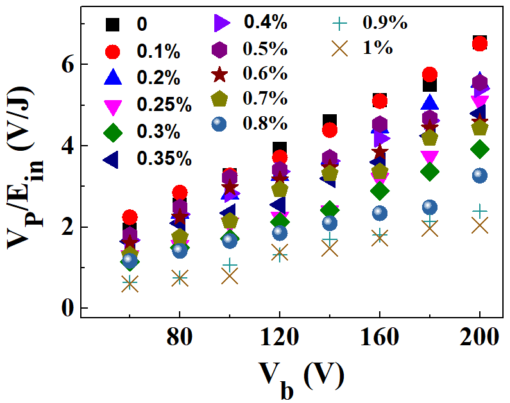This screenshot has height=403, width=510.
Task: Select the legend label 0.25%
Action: click(162, 106)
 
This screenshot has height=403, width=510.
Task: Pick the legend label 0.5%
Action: click(265, 48)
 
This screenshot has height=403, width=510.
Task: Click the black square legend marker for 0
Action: click(113, 25)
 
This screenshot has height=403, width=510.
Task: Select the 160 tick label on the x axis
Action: click(380, 338)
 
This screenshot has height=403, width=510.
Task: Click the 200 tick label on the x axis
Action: click(480, 338)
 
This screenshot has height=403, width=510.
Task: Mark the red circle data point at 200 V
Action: click(480, 44)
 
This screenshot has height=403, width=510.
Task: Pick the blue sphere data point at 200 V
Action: click(480, 175)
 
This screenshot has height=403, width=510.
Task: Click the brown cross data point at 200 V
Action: click(480, 225)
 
